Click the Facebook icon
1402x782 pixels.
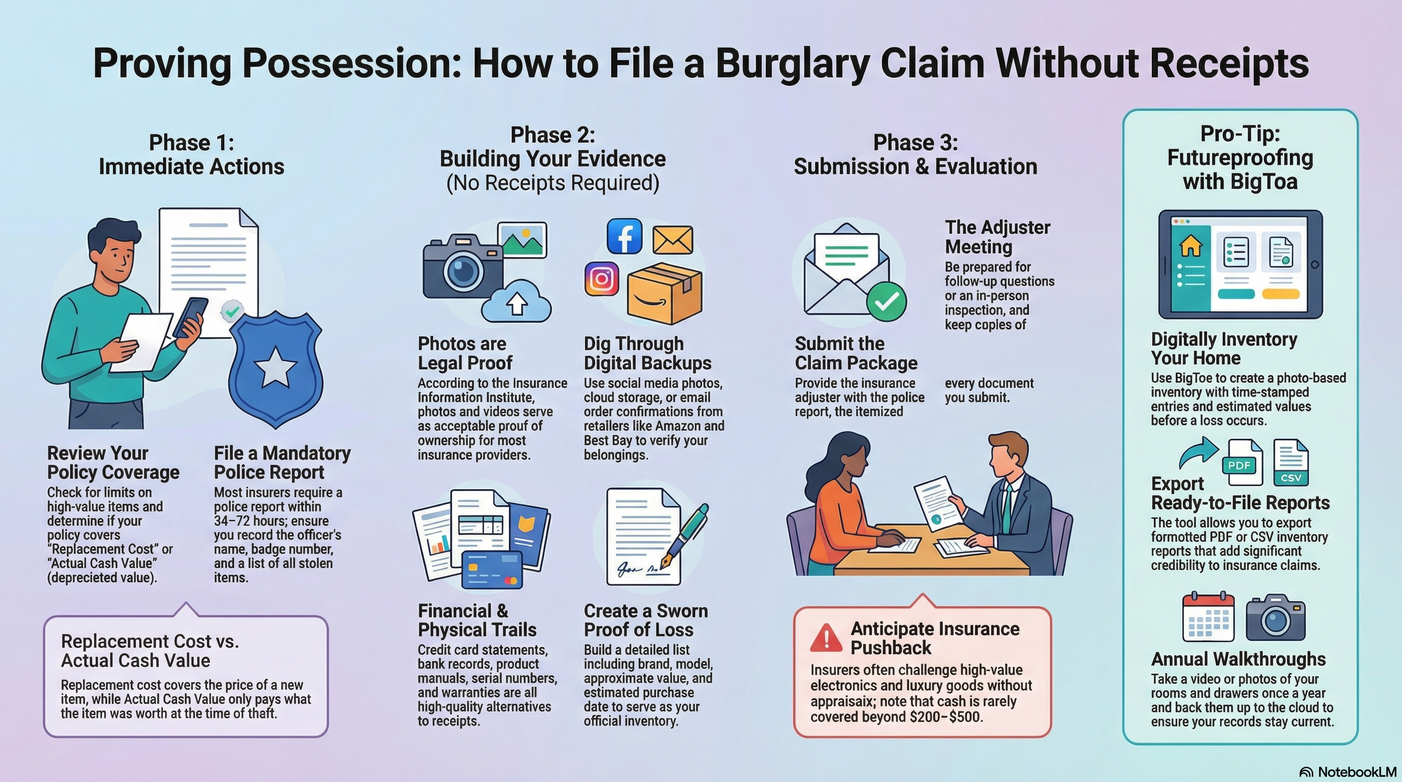(x=624, y=237)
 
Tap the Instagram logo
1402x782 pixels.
(x=601, y=278)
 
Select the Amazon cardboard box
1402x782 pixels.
(x=664, y=294)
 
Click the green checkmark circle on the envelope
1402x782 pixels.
(x=886, y=301)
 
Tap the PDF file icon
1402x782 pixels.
(x=1243, y=463)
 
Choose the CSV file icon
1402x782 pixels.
(x=1291, y=463)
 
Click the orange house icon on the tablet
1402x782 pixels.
(x=1190, y=247)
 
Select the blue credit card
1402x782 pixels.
(x=492, y=570)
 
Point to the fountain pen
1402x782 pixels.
(x=685, y=536)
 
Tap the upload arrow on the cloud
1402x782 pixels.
(x=517, y=304)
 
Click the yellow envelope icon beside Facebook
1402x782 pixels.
(x=672, y=240)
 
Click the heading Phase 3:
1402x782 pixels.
(x=915, y=143)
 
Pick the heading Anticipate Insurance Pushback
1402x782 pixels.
(x=934, y=638)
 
